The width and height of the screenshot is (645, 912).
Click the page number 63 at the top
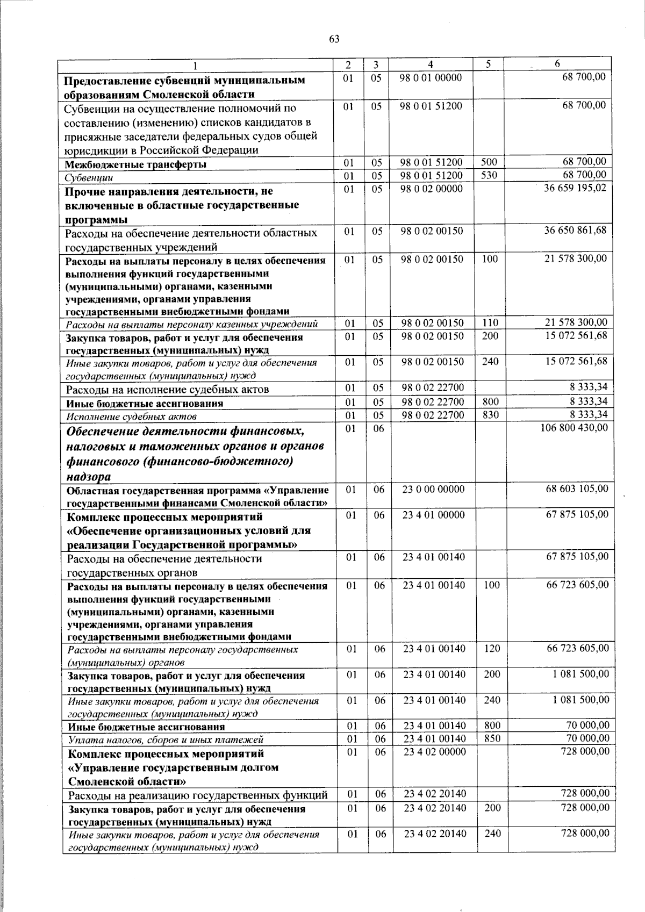(334, 39)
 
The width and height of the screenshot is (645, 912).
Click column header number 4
(431, 63)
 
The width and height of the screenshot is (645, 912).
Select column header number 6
(557, 63)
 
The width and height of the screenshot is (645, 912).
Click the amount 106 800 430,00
(574, 427)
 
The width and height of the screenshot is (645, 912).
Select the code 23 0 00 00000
(434, 489)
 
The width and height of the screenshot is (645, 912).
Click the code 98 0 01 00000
(431, 77)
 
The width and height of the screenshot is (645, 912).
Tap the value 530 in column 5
(489, 175)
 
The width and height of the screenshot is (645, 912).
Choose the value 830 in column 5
(490, 415)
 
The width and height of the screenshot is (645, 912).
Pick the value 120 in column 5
(492, 649)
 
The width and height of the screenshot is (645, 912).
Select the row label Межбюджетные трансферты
(135, 164)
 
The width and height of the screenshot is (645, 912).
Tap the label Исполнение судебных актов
(131, 416)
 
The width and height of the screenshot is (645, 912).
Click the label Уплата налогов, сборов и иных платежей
(166, 740)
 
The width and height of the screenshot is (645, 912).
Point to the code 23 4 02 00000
(434, 752)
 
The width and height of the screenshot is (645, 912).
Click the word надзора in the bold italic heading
(89, 477)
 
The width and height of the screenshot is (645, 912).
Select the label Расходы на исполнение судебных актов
(167, 389)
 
